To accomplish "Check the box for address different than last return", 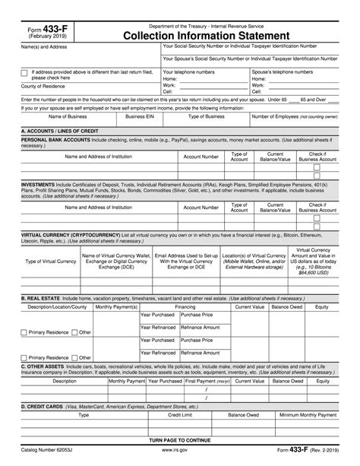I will pyautogui.click(x=25, y=73).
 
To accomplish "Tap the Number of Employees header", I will pyautogui.click(x=294, y=117).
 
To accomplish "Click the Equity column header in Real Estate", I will pyautogui.click(x=321, y=306).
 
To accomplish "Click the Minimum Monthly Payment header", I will pyautogui.click(x=308, y=415).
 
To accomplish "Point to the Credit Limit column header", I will pyautogui.click(x=179, y=415).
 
